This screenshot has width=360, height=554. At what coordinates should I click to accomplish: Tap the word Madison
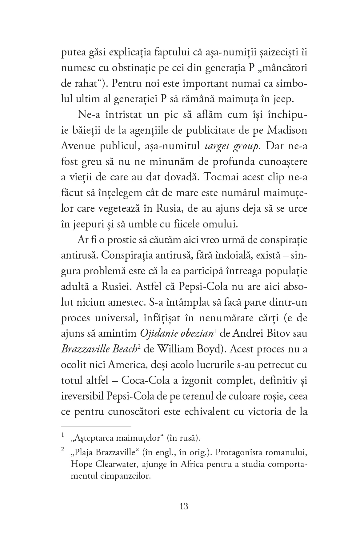[287, 130]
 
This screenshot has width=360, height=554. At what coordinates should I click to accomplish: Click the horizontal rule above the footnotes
[96, 426]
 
